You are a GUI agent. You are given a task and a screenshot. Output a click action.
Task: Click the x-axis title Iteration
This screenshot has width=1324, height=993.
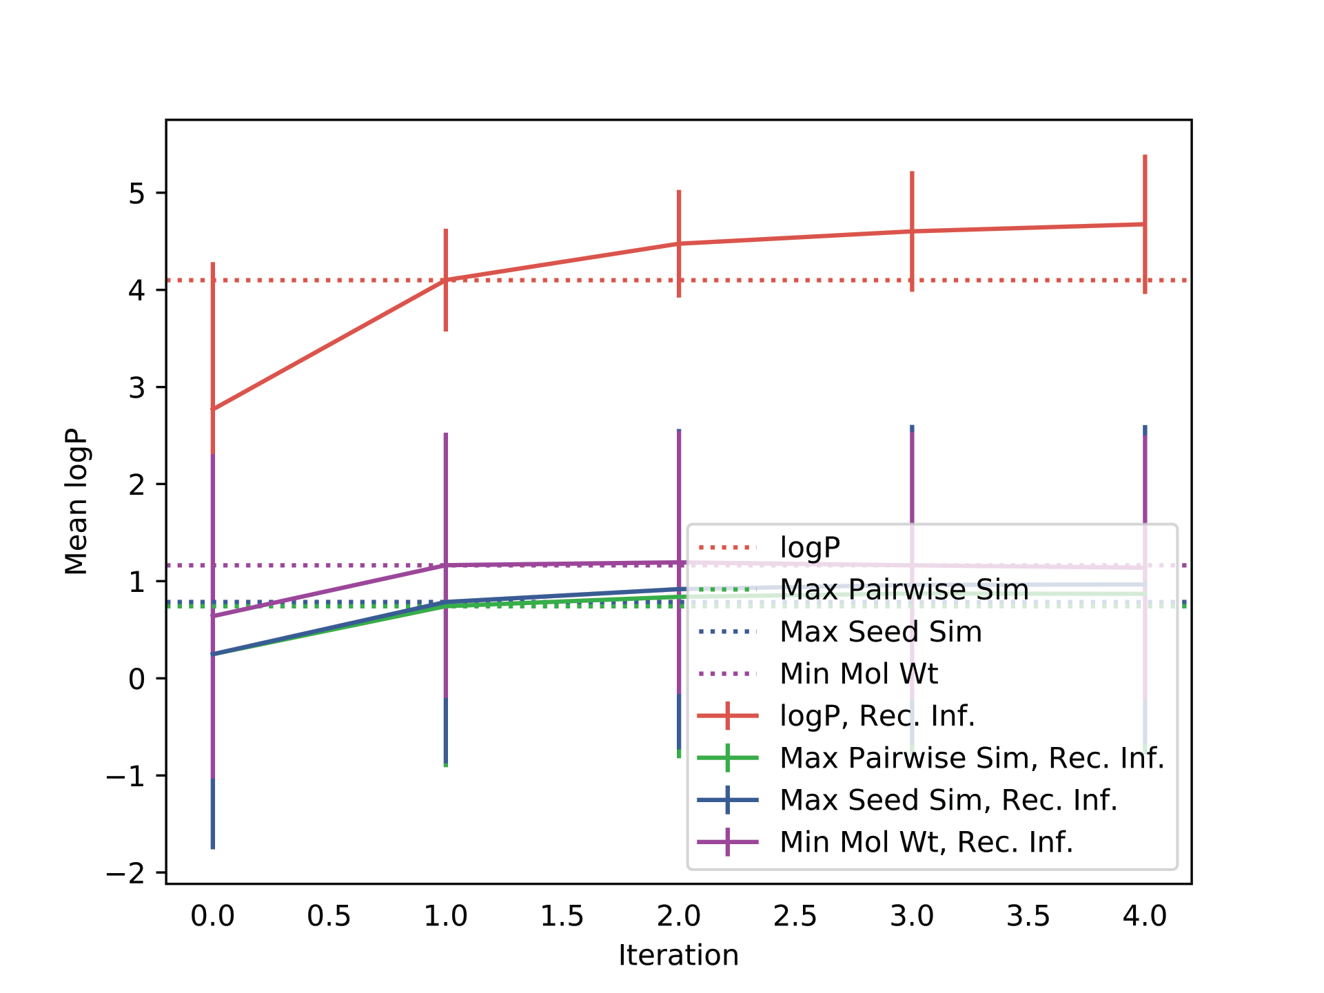pyautogui.click(x=678, y=955)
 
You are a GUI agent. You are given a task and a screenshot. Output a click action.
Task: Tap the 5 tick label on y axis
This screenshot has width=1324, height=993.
pyautogui.click(x=136, y=194)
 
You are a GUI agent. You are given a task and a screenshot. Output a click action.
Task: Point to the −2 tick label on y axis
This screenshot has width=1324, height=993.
pyautogui.click(x=125, y=874)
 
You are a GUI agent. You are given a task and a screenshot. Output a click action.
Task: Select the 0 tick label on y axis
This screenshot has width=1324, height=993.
pyautogui.click(x=136, y=679)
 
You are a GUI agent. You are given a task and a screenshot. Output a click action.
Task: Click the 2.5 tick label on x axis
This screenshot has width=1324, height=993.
pyautogui.click(x=795, y=916)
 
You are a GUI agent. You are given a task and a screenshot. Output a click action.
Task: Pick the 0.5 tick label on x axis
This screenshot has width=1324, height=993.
pyautogui.click(x=329, y=916)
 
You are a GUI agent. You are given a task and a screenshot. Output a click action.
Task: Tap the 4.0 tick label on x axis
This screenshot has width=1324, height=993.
pyautogui.click(x=1144, y=916)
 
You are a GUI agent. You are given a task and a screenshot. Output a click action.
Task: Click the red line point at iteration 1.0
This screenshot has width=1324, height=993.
pyautogui.click(x=446, y=280)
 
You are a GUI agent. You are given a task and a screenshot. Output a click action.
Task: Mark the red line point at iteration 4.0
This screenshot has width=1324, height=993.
pyautogui.click(x=1145, y=224)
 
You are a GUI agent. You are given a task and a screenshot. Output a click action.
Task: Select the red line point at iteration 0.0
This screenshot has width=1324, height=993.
pyautogui.click(x=213, y=409)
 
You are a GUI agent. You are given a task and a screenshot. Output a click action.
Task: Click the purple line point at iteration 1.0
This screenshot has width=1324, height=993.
pyautogui.click(x=446, y=565)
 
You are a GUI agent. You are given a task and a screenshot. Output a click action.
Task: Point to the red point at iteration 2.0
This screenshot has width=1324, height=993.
pyautogui.click(x=679, y=243)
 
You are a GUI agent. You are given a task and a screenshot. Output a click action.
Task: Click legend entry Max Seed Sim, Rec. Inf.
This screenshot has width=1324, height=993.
pyautogui.click(x=948, y=800)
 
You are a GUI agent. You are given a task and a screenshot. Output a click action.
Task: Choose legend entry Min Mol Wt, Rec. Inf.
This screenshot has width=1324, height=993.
pyautogui.click(x=926, y=842)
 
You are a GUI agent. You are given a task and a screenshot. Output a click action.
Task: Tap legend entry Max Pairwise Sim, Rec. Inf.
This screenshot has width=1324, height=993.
pyautogui.click(x=972, y=758)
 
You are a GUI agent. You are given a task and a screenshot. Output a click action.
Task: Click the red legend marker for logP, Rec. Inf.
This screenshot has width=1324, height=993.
pyautogui.click(x=728, y=716)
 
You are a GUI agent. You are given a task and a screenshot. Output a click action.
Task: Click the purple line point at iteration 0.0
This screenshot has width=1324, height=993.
pyautogui.click(x=213, y=616)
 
